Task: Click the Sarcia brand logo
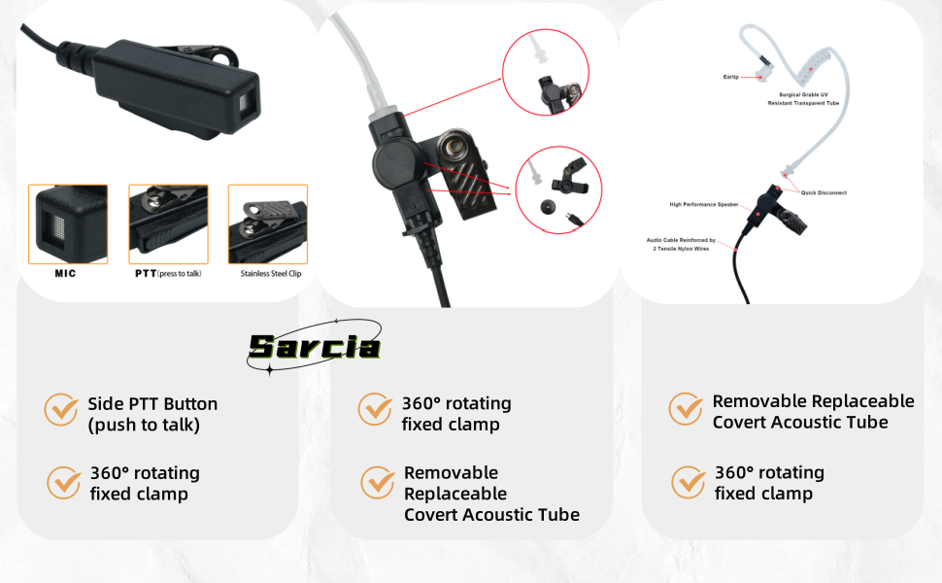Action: (x=315, y=347)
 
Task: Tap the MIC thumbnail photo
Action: (x=68, y=224)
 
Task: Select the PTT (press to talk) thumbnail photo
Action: (x=168, y=224)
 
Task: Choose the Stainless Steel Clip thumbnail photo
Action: (x=268, y=224)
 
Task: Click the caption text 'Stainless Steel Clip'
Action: (x=271, y=273)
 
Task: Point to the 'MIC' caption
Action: (x=65, y=273)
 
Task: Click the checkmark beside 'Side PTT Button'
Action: (x=61, y=409)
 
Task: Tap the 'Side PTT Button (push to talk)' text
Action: (x=152, y=414)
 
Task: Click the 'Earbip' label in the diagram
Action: (x=731, y=77)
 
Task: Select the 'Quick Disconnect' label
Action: (x=824, y=193)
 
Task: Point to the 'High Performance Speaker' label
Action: (x=704, y=204)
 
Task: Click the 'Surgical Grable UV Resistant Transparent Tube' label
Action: (x=803, y=99)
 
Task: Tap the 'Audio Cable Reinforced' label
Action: (x=681, y=244)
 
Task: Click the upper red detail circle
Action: (x=546, y=72)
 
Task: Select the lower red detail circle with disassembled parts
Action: (x=558, y=189)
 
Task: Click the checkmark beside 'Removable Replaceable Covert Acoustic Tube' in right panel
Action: (x=686, y=409)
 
